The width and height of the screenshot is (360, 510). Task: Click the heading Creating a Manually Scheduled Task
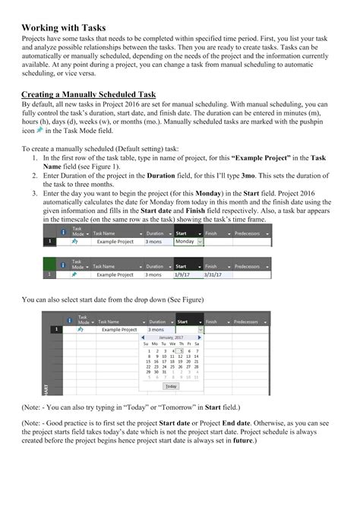click(x=89, y=93)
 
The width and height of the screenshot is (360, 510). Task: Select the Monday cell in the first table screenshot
click(x=185, y=241)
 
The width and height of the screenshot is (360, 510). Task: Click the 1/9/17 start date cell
click(x=185, y=274)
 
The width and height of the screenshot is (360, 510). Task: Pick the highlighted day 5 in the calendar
click(x=179, y=350)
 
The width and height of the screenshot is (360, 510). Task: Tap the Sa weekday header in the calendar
click(x=196, y=344)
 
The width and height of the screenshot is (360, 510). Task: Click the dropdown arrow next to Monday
click(x=200, y=241)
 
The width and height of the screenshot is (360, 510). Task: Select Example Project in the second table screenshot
click(x=115, y=274)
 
